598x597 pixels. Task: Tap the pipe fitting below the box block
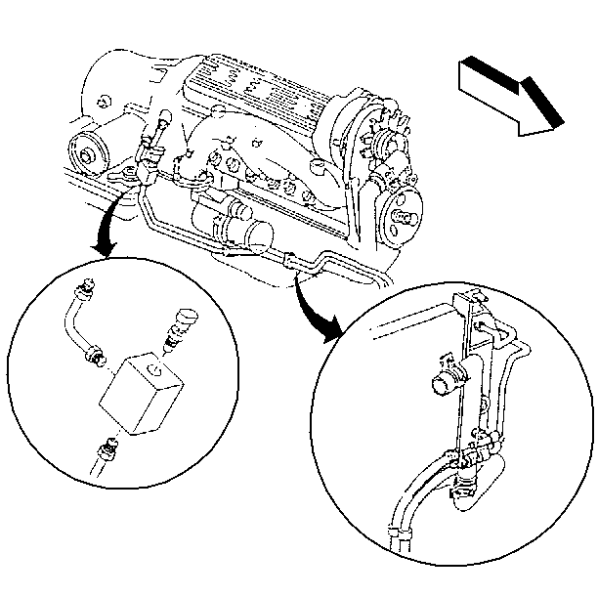[x=105, y=451]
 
